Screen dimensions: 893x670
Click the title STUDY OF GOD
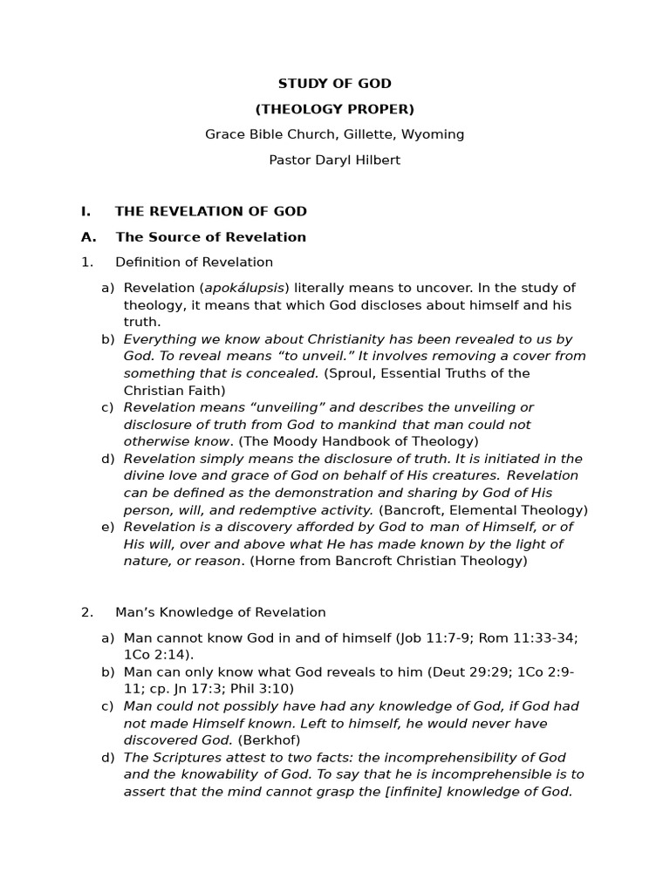pos(334,84)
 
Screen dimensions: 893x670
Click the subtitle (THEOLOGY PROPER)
pos(334,109)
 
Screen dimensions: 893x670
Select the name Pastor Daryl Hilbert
pos(334,160)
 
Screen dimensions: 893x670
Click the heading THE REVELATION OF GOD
pos(210,211)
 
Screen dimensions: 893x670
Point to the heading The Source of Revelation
pos(210,237)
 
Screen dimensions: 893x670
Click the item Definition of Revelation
pos(194,262)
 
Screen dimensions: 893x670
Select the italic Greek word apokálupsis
pos(244,288)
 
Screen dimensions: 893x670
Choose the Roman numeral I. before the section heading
pos(85,211)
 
